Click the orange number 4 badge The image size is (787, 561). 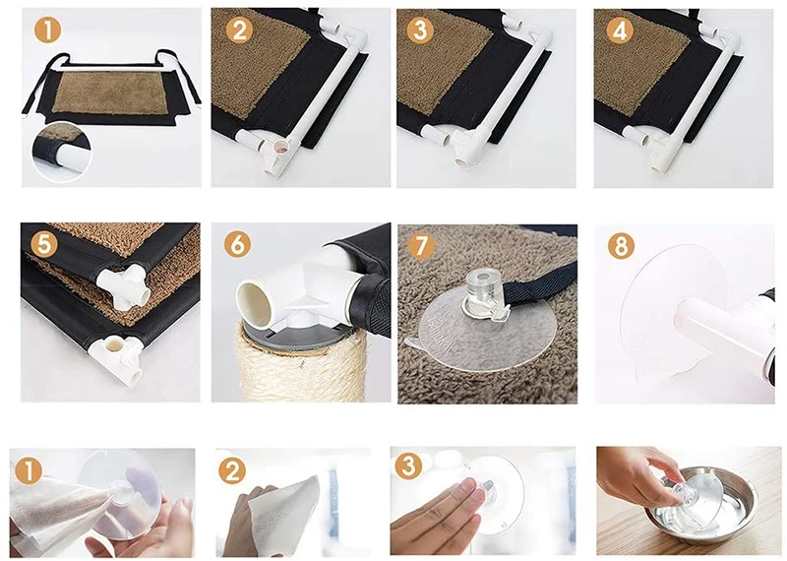click(x=620, y=31)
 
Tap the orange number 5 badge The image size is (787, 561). click(x=44, y=245)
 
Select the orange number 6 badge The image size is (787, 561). click(x=238, y=245)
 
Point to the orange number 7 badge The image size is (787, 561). click(x=422, y=245)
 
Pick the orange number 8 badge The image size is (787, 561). click(x=621, y=246)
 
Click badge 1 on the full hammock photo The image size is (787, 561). click(x=47, y=30)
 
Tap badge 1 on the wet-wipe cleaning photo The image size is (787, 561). click(x=29, y=471)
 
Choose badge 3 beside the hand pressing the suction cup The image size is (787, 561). click(x=408, y=466)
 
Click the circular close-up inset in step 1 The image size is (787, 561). click(x=61, y=151)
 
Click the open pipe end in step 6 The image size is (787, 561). click(x=257, y=302)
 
